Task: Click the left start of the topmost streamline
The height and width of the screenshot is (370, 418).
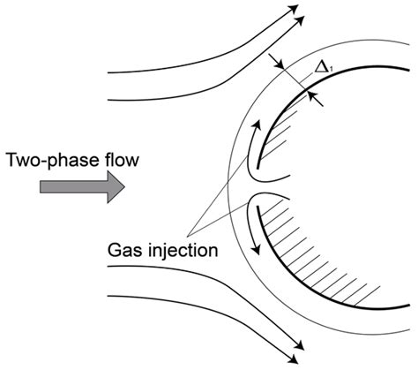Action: tap(107, 73)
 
